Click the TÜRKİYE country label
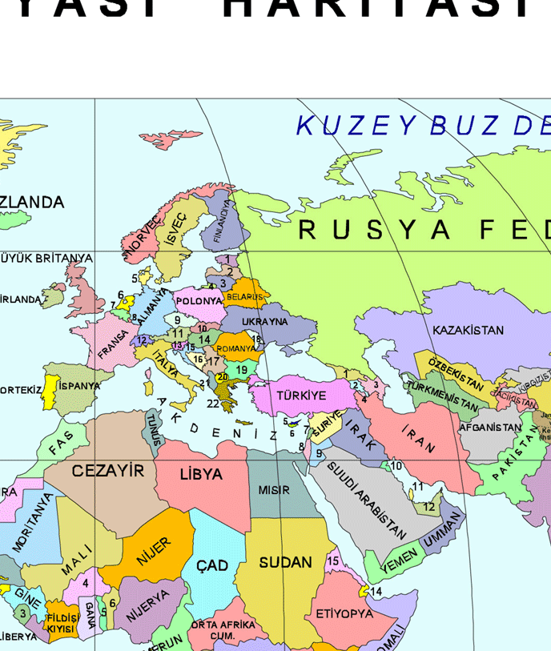tap(301, 396)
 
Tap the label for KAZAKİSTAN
tap(468, 330)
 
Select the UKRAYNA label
tap(264, 322)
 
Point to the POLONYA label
tap(199, 301)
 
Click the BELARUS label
tap(244, 297)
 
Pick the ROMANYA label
tap(236, 349)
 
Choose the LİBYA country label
tap(201, 474)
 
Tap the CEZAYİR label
tap(108, 471)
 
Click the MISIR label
tap(274, 490)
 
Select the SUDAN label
tap(285, 563)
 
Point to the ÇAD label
tap(212, 566)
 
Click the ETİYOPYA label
tap(344, 614)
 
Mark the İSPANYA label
tap(79, 386)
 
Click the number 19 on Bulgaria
tap(241, 370)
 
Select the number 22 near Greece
tap(212, 404)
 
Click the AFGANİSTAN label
tap(490, 428)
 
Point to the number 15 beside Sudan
tap(333, 561)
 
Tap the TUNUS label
tap(154, 429)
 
